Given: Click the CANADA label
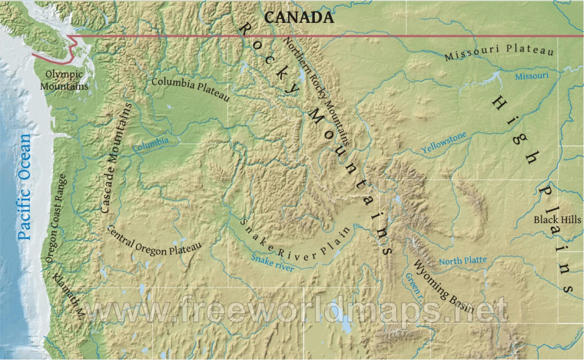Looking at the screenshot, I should pyautogui.click(x=299, y=17).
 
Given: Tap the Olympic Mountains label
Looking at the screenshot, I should pyautogui.click(x=64, y=80).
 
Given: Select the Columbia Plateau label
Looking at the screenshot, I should pyautogui.click(x=190, y=89).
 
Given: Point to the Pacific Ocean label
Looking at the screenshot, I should pyautogui.click(x=24, y=186).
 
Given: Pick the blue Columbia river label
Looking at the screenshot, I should pyautogui.click(x=151, y=144).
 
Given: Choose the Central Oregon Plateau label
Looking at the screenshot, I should pyautogui.click(x=154, y=240).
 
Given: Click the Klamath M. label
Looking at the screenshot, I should pyautogui.click(x=69, y=293).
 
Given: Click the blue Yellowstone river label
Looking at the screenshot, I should pyautogui.click(x=444, y=142).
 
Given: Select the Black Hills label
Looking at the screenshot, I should pyautogui.click(x=557, y=220).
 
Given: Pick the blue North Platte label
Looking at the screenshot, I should pyautogui.click(x=463, y=261).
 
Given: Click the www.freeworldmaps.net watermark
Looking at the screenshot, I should pyautogui.click(x=297, y=311).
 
